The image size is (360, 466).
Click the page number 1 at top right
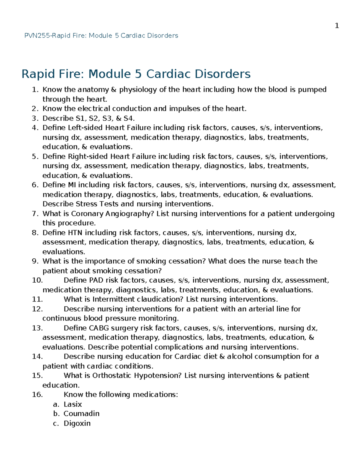pyautogui.click(x=337, y=26)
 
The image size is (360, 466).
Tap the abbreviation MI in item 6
pyautogui.click(x=72, y=185)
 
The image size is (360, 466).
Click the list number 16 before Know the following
pyautogui.click(x=37, y=395)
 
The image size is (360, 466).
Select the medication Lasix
pyautogui.click(x=73, y=404)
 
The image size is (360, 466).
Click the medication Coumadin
pyautogui.click(x=81, y=414)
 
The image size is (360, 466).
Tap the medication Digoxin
pyautogui.click(x=77, y=423)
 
